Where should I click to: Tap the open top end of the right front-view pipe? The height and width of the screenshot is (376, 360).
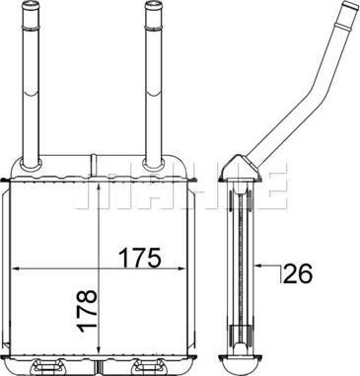tap(153, 8)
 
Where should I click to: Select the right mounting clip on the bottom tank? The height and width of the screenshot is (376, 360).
tap(158, 367)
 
